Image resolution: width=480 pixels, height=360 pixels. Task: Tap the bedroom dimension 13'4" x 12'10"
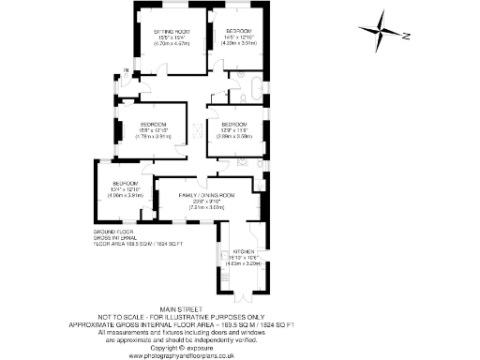[x=126, y=189]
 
